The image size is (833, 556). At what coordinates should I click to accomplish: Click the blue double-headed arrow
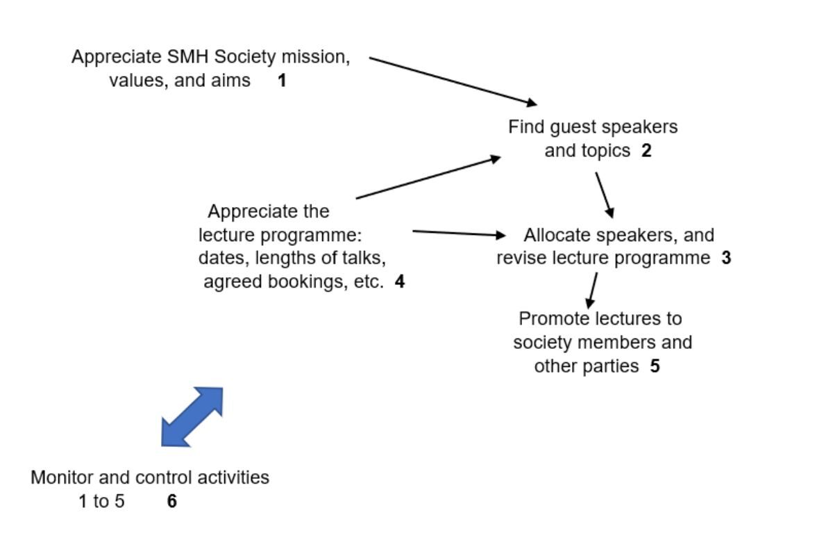[192, 416]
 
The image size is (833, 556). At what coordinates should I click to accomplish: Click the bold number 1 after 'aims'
[282, 81]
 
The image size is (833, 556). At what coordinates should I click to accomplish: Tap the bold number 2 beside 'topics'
[646, 150]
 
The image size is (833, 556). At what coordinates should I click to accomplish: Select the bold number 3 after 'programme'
[726, 259]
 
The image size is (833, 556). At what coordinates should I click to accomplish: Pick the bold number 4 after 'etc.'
[399, 282]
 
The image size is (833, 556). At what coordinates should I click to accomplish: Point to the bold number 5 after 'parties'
[655, 366]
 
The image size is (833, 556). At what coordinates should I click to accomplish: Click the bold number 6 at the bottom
[172, 501]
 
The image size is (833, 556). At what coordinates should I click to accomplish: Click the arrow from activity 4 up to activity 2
[428, 178]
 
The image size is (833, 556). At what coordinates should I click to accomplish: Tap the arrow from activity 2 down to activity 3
[604, 195]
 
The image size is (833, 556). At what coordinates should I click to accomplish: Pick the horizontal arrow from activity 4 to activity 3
[459, 234]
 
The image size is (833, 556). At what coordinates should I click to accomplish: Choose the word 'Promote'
[553, 319]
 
